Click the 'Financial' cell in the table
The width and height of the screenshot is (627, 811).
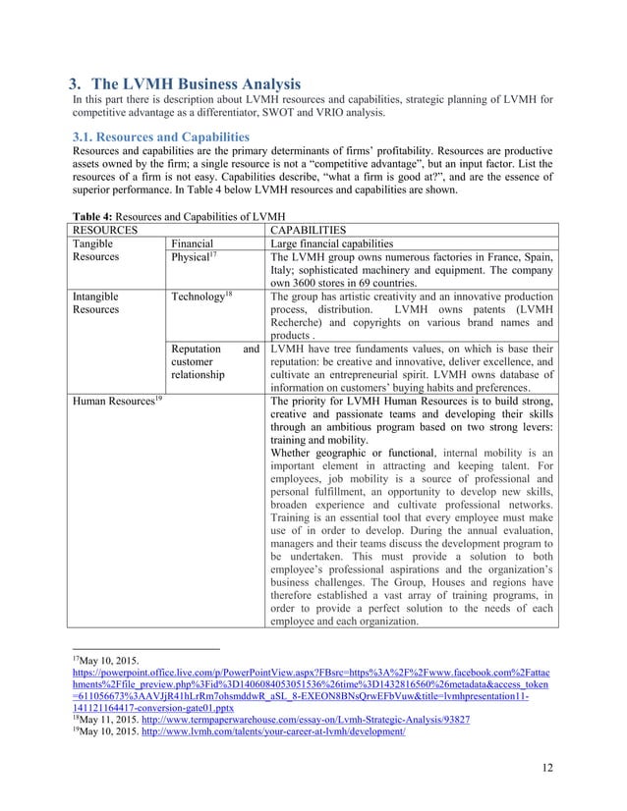click(192, 243)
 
